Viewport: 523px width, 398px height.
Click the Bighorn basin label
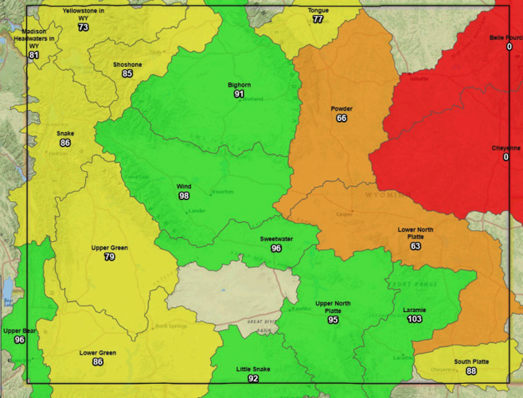tap(239, 84)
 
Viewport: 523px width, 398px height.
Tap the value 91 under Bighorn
tap(239, 94)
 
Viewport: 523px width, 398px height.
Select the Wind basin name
tap(184, 186)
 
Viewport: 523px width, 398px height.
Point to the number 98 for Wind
tap(184, 196)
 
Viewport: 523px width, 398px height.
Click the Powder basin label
tap(342, 108)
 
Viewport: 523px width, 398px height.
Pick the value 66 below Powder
tap(342, 119)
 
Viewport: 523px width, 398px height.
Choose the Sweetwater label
tap(276, 239)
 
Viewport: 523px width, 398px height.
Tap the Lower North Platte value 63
tap(416, 247)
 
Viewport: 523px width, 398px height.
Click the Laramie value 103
tap(414, 319)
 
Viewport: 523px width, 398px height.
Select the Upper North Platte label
tap(334, 306)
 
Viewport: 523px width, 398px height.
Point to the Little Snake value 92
tap(253, 379)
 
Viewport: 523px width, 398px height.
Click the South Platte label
tap(471, 361)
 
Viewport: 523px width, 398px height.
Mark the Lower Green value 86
tap(98, 362)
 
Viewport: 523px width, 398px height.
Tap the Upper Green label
tap(109, 248)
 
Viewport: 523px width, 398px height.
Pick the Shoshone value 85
tap(127, 74)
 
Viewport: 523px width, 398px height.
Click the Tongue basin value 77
tap(318, 19)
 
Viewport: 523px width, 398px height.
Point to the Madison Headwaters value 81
tap(33, 55)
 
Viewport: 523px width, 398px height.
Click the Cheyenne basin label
tap(505, 147)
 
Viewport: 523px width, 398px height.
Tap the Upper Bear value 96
tap(20, 340)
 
